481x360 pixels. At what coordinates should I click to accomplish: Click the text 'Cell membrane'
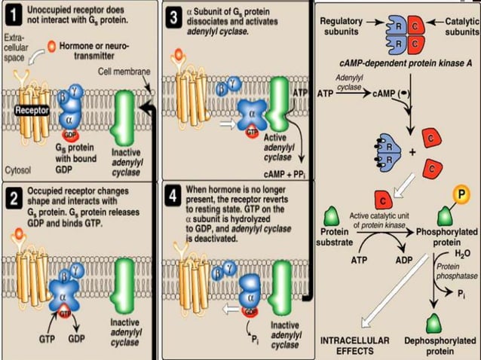click(124, 71)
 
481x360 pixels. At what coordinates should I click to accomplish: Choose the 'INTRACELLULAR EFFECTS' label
click(355, 346)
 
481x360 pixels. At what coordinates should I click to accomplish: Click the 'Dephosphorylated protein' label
click(440, 346)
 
